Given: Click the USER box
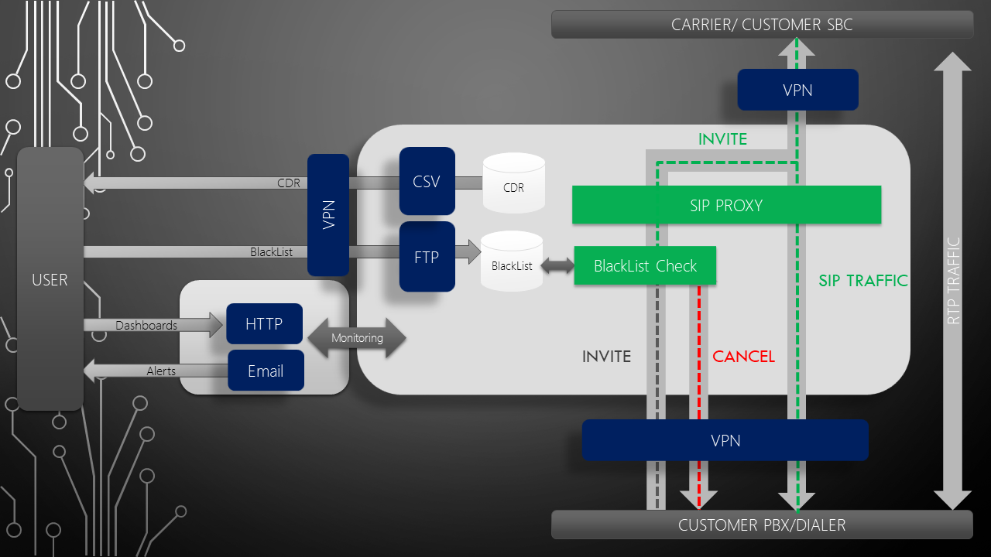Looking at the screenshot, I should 50,279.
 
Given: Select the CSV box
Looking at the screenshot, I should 427,181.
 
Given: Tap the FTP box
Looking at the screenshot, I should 427,257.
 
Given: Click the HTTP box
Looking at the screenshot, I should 264,324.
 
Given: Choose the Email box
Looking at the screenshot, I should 266,371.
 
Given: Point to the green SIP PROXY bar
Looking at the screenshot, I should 726,205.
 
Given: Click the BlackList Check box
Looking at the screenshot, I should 645,265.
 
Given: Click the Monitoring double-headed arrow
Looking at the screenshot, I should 357,338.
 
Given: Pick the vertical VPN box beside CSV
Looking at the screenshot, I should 328,215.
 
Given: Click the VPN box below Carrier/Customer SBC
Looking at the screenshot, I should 797,90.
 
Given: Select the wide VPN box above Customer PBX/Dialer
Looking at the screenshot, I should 725,440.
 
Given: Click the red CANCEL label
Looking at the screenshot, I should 743,357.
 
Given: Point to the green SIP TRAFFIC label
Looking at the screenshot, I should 863,281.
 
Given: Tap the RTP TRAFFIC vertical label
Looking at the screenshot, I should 953,280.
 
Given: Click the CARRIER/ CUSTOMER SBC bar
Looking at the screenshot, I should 762,25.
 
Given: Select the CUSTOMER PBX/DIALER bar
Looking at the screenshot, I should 762,525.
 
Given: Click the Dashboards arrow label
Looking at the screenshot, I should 146,326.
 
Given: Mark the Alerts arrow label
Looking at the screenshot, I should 161,371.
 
